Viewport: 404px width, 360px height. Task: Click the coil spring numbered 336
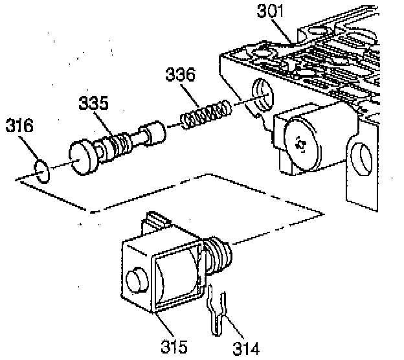[204, 115]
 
